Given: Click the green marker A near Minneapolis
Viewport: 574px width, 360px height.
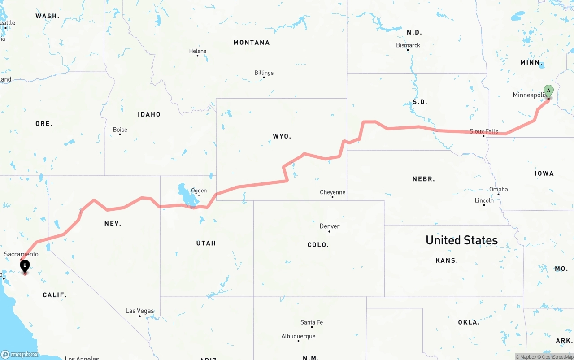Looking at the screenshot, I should click(x=548, y=91).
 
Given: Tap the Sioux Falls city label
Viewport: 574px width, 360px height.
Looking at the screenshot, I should click(x=483, y=131).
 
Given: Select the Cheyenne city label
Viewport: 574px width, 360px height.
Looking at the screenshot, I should click(x=332, y=192).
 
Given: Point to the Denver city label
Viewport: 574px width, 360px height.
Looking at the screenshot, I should click(x=329, y=226).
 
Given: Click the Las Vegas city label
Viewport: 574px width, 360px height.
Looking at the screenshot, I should click(x=139, y=311).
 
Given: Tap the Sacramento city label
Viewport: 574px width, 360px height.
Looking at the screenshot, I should click(x=21, y=254).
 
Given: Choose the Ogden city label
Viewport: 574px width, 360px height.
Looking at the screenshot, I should click(x=199, y=191).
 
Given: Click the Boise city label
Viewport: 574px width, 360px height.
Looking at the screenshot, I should click(x=120, y=130).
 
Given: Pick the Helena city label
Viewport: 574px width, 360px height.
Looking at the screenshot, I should click(x=197, y=51).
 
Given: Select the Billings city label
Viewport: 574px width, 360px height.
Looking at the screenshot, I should click(x=264, y=73).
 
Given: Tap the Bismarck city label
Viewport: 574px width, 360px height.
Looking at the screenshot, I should click(x=408, y=45).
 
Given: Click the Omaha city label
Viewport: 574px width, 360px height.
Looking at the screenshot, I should click(x=498, y=189).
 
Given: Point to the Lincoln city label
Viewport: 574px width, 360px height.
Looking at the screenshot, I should click(x=484, y=200).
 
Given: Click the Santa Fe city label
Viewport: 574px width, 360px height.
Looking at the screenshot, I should click(x=311, y=322).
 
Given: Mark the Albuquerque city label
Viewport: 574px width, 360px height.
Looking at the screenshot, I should click(x=298, y=336).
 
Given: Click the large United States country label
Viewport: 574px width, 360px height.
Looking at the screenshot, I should click(x=461, y=240).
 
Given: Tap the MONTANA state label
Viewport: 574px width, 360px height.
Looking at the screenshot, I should click(x=251, y=43).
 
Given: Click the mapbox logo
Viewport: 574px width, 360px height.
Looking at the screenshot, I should click(x=20, y=354).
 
